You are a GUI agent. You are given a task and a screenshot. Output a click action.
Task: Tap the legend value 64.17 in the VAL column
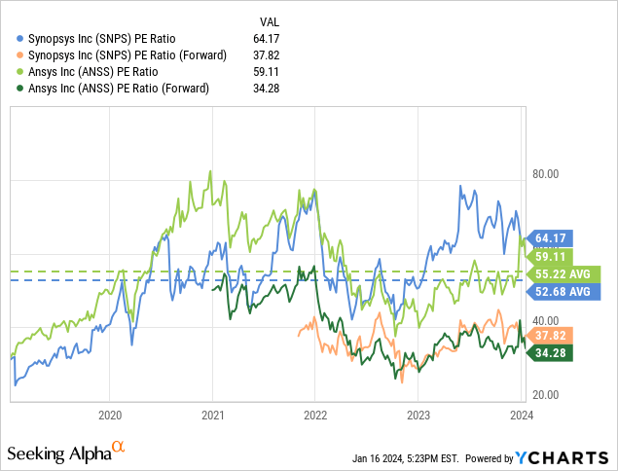tap(268, 39)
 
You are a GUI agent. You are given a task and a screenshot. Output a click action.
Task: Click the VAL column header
tap(270, 20)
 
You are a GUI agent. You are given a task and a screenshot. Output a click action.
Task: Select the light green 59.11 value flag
tap(552, 256)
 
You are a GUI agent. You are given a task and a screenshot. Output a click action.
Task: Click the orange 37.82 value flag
tap(552, 335)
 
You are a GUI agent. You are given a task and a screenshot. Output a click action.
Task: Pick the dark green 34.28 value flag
tap(552, 352)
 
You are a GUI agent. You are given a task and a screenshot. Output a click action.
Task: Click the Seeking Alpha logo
tap(66, 453)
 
